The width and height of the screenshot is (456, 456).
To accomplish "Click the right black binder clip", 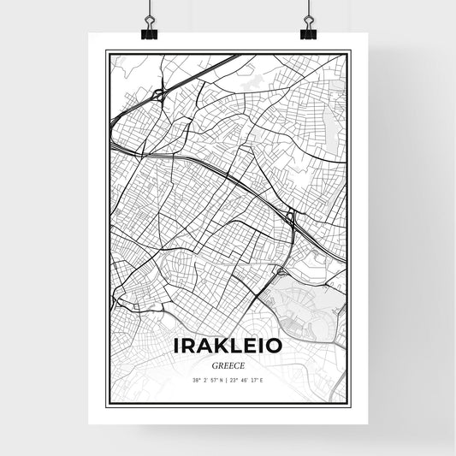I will [308, 33].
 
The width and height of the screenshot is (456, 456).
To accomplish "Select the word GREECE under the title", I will [228, 364].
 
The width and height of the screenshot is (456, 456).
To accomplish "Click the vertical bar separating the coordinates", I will [228, 379].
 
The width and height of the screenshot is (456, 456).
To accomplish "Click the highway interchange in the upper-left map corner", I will [158, 93].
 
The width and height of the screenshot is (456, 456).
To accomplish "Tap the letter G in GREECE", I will [212, 364].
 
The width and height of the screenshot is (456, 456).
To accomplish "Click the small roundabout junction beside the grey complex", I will [281, 271].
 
